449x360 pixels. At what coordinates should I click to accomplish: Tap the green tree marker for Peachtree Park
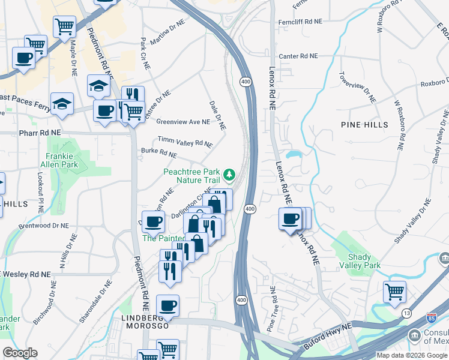tap(228, 175)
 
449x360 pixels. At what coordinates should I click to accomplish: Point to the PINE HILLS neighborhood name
tap(364, 125)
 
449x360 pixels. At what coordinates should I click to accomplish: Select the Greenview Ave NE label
tap(183, 121)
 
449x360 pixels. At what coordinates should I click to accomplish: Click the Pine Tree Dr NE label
tap(272, 309)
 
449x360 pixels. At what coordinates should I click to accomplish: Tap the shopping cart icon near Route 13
tap(394, 292)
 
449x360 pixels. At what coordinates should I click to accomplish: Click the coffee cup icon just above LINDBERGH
tap(167, 305)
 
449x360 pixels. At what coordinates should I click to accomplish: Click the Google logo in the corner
tap(20, 353)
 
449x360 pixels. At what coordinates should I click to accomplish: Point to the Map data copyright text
tap(411, 355)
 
